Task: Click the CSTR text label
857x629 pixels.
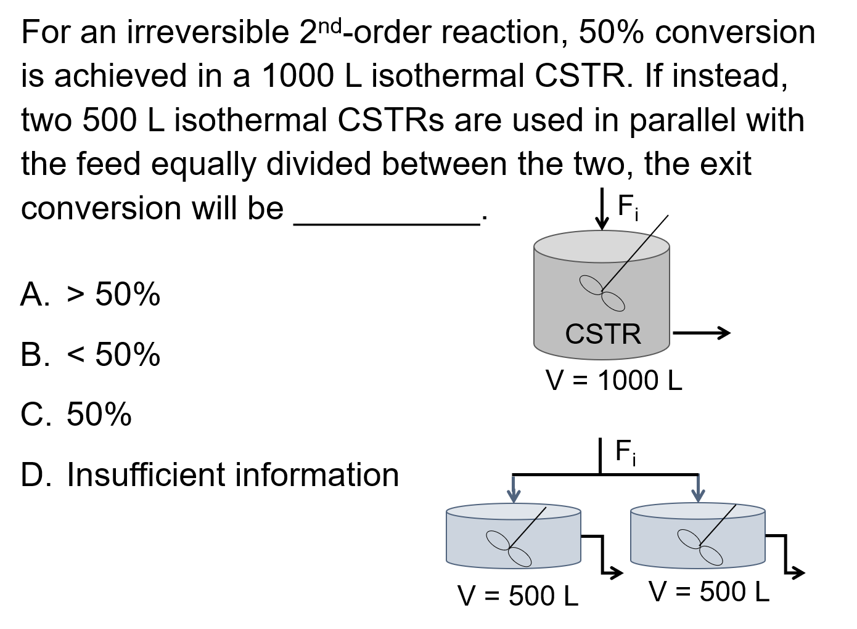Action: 602,334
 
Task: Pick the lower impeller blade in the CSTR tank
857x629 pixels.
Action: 613,302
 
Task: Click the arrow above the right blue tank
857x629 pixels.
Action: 698,488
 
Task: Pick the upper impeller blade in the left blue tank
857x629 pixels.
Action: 498,540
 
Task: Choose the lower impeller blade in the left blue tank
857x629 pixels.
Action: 520,557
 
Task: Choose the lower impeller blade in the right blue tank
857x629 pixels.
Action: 711,556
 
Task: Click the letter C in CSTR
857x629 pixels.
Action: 575,334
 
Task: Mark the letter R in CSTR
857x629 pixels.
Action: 631,334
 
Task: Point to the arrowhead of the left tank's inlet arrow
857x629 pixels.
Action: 513,497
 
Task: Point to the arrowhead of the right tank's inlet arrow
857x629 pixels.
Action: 698,496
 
